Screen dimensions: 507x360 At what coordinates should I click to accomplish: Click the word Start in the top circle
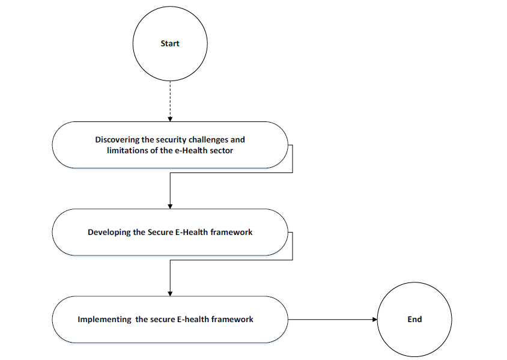[x=170, y=43]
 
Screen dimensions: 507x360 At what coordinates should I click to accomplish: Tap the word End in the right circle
[x=414, y=319]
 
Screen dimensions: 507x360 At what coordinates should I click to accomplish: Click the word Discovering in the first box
[x=117, y=139]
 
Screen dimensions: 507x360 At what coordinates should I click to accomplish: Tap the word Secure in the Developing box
[x=160, y=232]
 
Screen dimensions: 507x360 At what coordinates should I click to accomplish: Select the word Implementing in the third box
[x=105, y=320]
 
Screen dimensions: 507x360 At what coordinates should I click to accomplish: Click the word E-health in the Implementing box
[x=193, y=319]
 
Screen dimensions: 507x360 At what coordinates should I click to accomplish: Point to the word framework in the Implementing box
[x=232, y=319]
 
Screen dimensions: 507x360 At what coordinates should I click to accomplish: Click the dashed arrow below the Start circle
[x=170, y=101]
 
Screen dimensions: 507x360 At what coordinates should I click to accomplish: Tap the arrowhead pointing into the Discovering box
[x=170, y=120]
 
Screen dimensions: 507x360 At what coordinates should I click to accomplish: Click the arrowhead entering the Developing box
[x=170, y=206]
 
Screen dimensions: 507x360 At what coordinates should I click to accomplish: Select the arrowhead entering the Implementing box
[x=170, y=294]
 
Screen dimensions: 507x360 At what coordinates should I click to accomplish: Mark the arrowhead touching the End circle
[x=375, y=320]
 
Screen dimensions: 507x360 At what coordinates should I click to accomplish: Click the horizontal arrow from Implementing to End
[x=332, y=320]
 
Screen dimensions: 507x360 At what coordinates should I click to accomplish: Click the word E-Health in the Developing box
[x=192, y=232]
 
